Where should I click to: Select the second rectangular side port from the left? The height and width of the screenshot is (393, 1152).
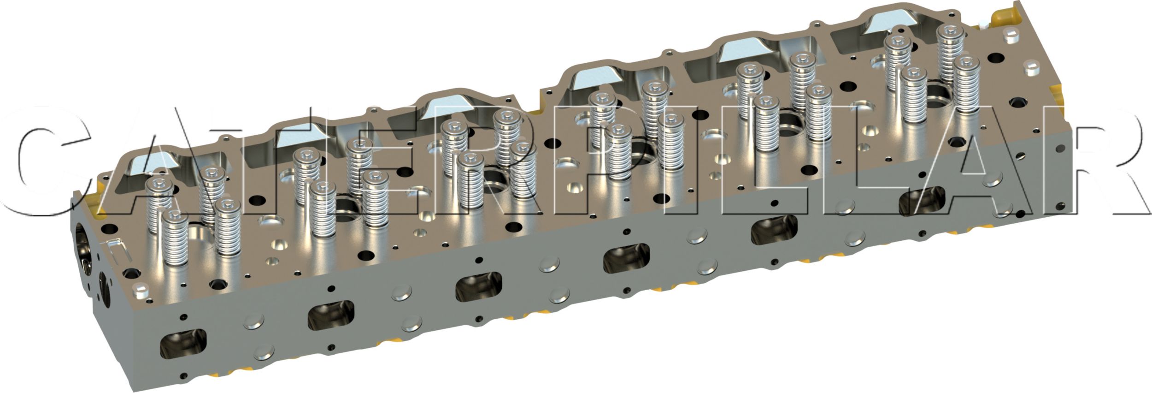coord(331,315)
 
